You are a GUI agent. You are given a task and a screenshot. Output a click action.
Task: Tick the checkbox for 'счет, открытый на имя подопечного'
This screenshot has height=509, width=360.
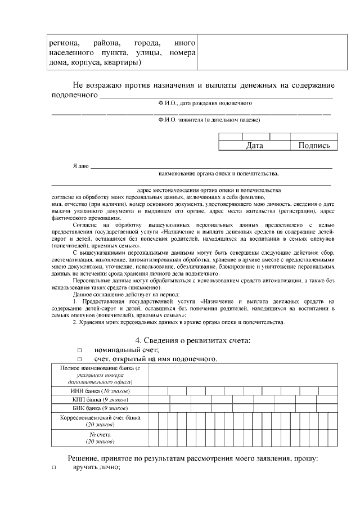(79, 359)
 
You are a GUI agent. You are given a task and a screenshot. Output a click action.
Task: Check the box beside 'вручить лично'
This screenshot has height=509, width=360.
(54, 468)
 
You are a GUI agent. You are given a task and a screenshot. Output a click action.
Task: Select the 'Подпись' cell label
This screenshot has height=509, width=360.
(314, 145)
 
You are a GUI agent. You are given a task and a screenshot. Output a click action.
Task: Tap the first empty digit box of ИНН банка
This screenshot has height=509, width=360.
(158, 390)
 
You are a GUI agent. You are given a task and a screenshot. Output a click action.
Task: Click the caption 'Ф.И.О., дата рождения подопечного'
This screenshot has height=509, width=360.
(205, 103)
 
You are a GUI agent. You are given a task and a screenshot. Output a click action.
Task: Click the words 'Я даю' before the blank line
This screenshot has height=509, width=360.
(81, 166)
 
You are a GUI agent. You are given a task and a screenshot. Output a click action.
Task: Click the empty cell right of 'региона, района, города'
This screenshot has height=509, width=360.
(267, 52)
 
